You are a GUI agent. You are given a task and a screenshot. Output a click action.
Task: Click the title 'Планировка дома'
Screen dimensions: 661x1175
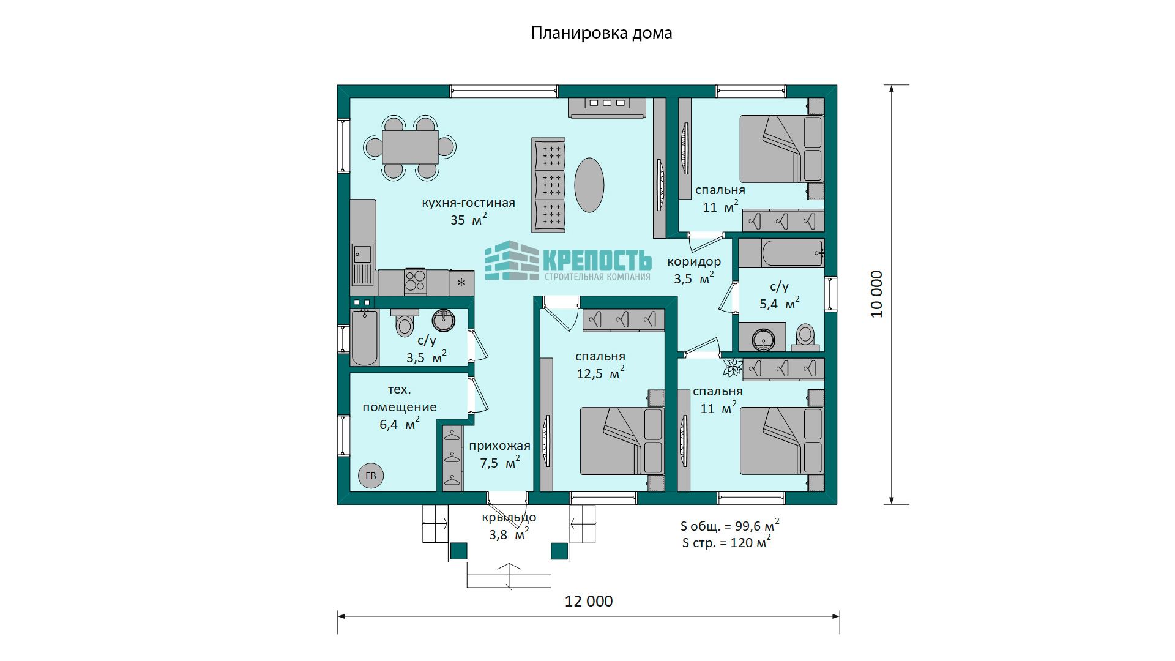pyautogui.click(x=601, y=32)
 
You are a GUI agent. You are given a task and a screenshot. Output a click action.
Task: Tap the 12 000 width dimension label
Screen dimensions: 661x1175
pyautogui.click(x=588, y=601)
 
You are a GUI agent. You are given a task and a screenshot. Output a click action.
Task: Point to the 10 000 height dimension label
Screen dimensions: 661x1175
pyautogui.click(x=877, y=294)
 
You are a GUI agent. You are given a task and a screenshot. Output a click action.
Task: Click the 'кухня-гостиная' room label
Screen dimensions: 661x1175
pyautogui.click(x=468, y=203)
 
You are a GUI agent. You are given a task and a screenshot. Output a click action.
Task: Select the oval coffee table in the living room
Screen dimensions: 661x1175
pyautogui.click(x=589, y=185)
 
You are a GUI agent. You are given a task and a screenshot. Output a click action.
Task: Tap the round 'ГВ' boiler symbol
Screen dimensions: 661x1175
pyautogui.click(x=370, y=476)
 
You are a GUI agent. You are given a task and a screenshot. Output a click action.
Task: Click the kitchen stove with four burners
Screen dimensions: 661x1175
pyautogui.click(x=416, y=282)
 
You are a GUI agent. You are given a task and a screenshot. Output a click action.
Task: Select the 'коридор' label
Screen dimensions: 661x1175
pyautogui.click(x=693, y=261)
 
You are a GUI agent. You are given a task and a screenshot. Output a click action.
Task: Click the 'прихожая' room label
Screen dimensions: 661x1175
pyautogui.click(x=499, y=446)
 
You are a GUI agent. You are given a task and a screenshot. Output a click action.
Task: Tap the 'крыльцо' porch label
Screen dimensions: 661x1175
pyautogui.click(x=509, y=518)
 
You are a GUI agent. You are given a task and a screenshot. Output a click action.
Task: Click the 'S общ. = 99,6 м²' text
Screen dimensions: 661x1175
pyautogui.click(x=729, y=526)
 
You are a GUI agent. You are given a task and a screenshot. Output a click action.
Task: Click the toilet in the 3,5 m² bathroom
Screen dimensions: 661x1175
pyautogui.click(x=405, y=324)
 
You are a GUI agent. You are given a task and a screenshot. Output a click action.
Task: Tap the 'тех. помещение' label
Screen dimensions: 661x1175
pyautogui.click(x=399, y=398)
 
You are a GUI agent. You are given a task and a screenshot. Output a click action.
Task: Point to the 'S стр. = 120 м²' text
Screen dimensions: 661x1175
pyautogui.click(x=726, y=542)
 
